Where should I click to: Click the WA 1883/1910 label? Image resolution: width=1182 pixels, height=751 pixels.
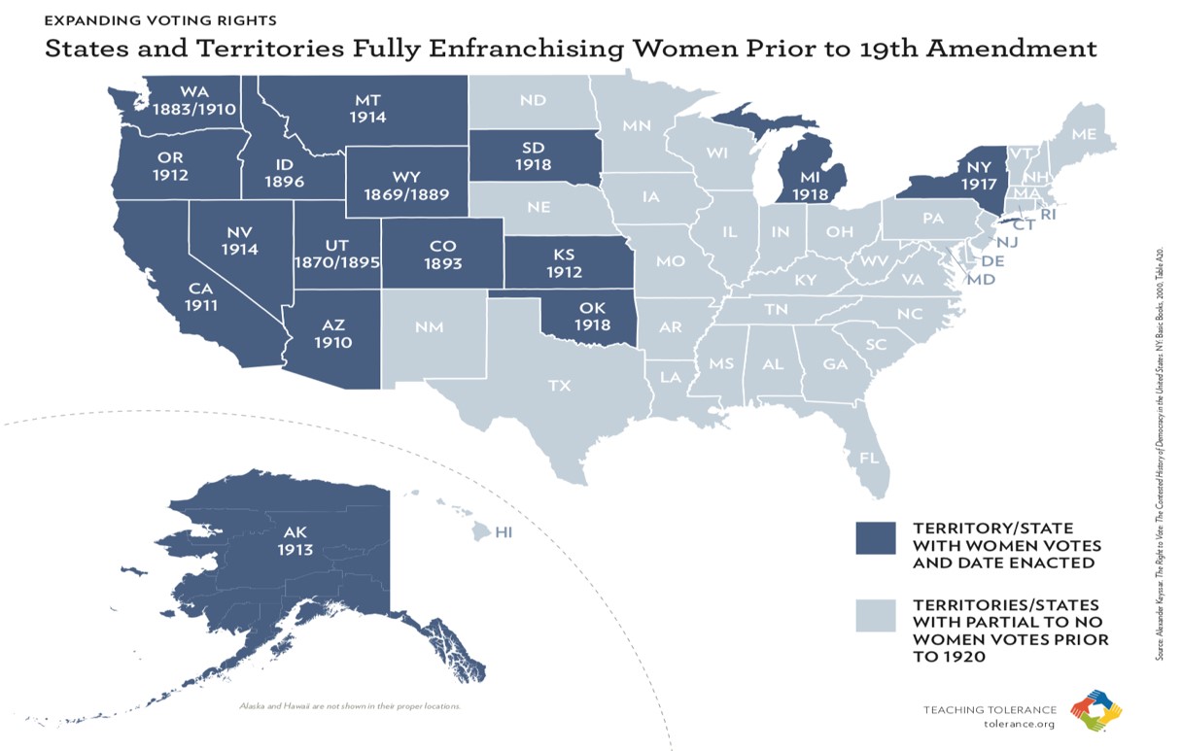click(x=194, y=100)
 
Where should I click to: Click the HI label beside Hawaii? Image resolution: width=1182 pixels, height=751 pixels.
click(x=504, y=532)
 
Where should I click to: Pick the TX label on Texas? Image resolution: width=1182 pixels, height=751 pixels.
click(x=559, y=386)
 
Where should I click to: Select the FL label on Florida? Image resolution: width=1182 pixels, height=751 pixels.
click(x=868, y=456)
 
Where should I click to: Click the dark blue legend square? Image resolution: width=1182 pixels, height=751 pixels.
click(x=875, y=536)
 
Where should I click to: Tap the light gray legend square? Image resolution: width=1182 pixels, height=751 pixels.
click(x=875, y=615)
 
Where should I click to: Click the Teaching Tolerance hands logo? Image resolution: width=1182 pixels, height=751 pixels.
click(x=1095, y=711)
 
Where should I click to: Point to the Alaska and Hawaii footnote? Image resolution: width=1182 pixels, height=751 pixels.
click(x=350, y=704)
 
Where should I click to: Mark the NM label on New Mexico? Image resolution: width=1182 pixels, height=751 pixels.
click(x=429, y=326)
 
